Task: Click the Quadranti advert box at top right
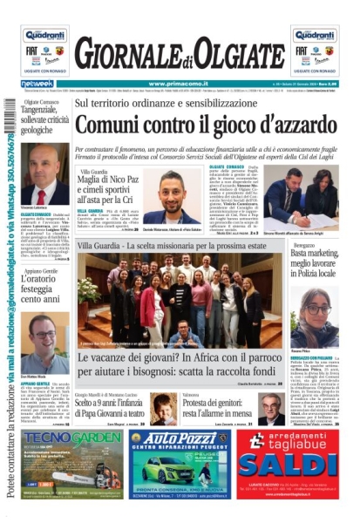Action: point(315,51)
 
